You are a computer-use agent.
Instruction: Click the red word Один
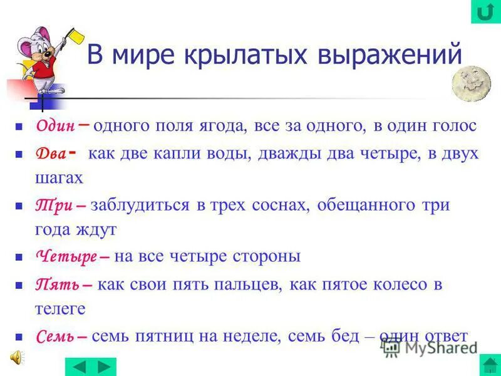[x=56, y=126]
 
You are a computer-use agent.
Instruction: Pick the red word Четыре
[x=66, y=257]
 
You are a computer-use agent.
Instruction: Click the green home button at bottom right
[x=489, y=365]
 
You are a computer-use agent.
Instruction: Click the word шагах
[x=59, y=178]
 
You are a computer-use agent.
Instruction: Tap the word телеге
[x=60, y=308]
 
